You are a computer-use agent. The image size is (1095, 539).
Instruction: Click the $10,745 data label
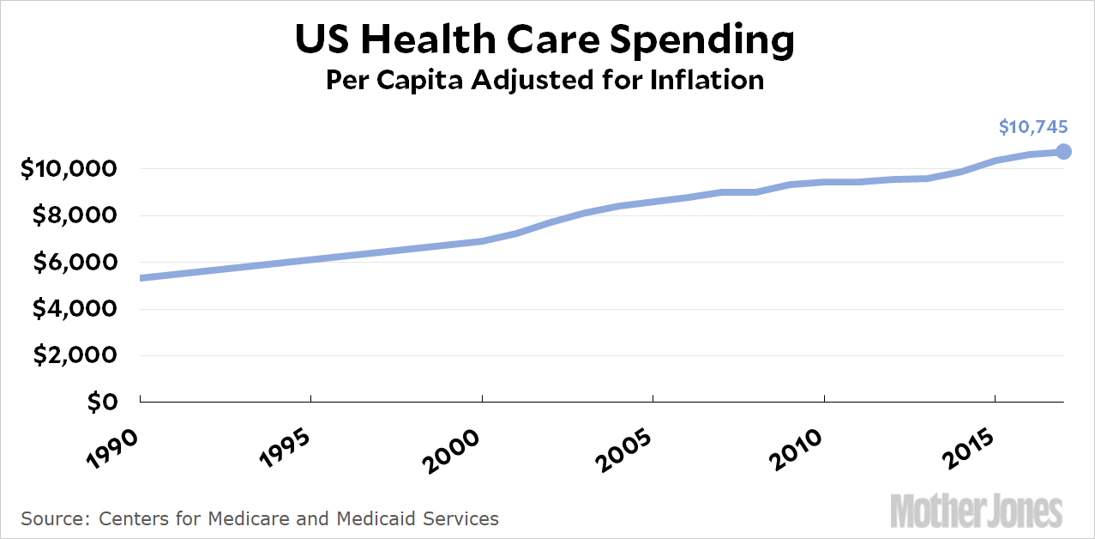point(1033,128)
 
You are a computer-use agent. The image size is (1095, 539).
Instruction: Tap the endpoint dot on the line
point(1063,151)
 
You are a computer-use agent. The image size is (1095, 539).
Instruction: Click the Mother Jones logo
point(977,511)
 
